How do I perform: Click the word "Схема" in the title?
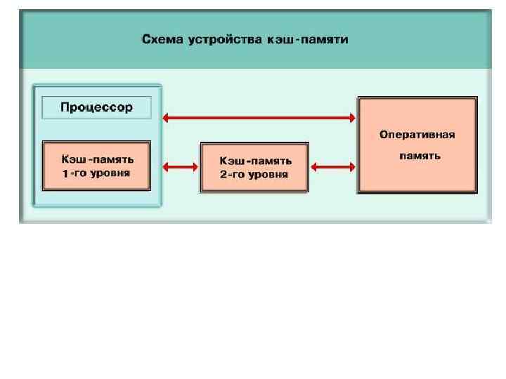pyautogui.click(x=162, y=39)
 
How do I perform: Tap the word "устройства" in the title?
pyautogui.click(x=223, y=39)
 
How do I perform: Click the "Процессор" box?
pyautogui.click(x=96, y=108)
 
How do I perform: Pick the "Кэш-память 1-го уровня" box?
pyautogui.click(x=96, y=166)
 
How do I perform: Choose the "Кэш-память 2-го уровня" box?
pyautogui.click(x=254, y=167)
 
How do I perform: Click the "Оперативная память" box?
pyautogui.click(x=417, y=145)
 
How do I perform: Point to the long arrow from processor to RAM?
pyautogui.click(x=259, y=118)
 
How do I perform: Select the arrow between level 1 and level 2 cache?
pyautogui.click(x=179, y=167)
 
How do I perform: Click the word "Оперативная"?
pyautogui.click(x=417, y=134)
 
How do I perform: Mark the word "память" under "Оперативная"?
pyautogui.click(x=420, y=156)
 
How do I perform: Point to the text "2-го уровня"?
pyautogui.click(x=254, y=174)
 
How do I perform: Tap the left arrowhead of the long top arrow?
pyautogui.click(x=167, y=118)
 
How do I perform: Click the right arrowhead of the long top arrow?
pyautogui.click(x=353, y=118)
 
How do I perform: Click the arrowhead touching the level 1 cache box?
pyautogui.click(x=167, y=167)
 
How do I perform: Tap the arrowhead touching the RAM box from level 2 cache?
pyautogui.click(x=353, y=167)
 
